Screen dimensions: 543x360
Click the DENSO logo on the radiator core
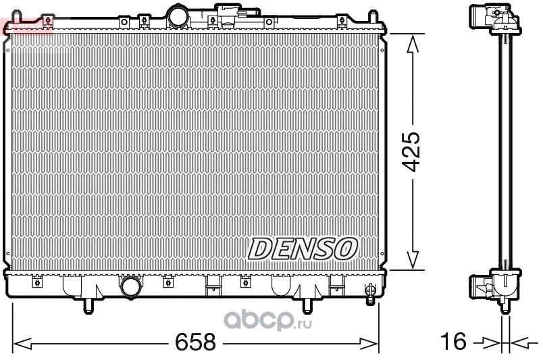[303, 249]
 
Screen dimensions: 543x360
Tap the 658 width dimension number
[195, 342]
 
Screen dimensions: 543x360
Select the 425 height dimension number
[411, 151]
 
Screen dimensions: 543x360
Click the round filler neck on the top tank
[178, 16]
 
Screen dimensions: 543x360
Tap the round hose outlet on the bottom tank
[131, 287]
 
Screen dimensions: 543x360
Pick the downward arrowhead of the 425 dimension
[413, 260]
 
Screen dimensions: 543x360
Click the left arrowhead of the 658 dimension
[22, 344]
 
